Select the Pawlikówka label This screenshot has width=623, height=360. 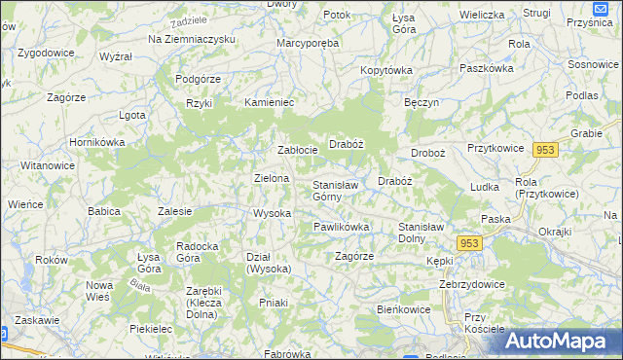(341, 227)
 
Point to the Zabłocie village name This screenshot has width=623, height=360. (298, 150)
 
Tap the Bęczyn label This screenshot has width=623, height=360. (422, 102)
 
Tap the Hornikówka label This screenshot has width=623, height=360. (96, 142)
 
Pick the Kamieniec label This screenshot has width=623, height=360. (269, 102)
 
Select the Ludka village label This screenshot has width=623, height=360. (484, 186)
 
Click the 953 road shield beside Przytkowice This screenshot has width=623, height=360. (545, 149)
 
